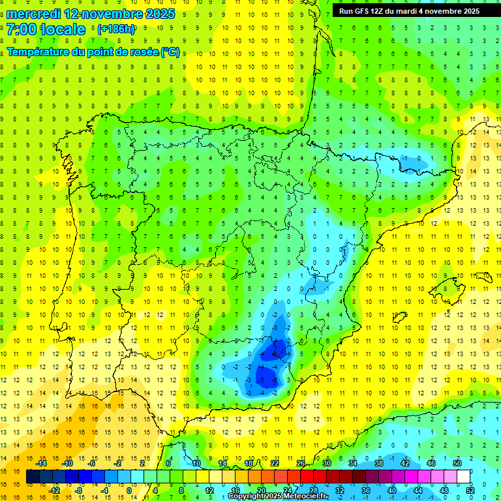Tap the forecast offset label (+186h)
(x=116, y=29)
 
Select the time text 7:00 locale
(x=46, y=29)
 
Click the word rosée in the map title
(x=140, y=52)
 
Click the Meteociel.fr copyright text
(x=277, y=496)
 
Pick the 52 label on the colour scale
(x=470, y=491)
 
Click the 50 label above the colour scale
(x=457, y=463)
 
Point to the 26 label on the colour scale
(x=301, y=463)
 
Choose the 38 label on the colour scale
(x=378, y=463)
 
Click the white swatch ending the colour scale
(x=463, y=477)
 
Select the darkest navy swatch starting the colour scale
(x=33, y=477)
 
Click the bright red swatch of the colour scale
(x=307, y=477)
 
